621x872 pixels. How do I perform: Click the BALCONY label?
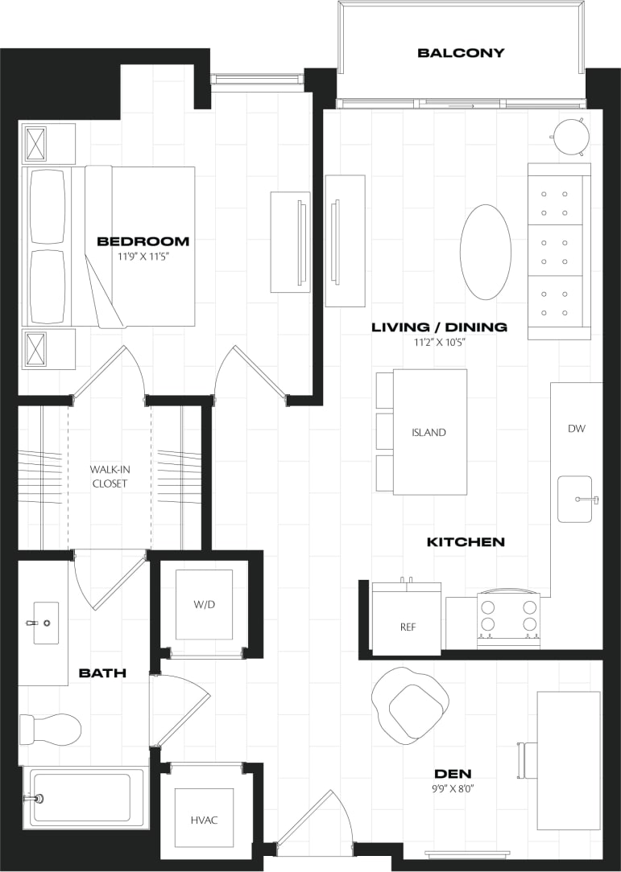click(461, 53)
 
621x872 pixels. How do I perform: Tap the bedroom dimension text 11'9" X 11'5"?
click(143, 257)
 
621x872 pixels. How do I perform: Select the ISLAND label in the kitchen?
click(428, 433)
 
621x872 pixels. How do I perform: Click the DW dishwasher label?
click(576, 429)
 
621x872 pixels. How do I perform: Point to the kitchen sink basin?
click(575, 500)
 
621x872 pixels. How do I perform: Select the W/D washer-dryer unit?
click(204, 605)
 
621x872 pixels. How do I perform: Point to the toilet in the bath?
click(52, 730)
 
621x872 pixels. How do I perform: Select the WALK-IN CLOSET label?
click(109, 475)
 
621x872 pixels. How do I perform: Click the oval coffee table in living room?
click(485, 252)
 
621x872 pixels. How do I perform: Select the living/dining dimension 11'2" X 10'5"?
click(439, 342)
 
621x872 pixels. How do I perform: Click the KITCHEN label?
click(465, 542)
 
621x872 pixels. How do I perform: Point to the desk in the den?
click(569, 760)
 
